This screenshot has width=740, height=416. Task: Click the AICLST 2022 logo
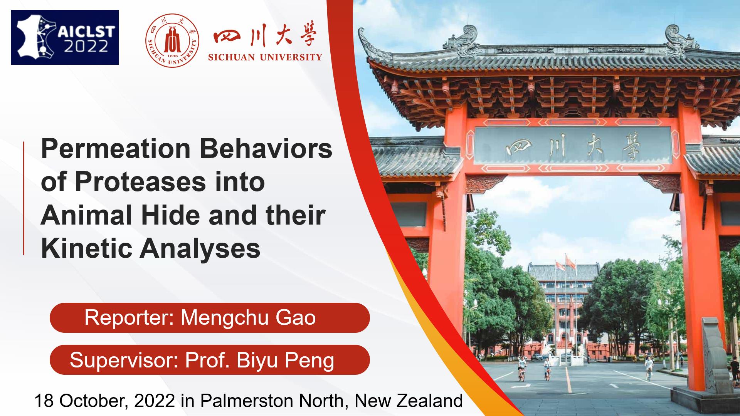click(65, 37)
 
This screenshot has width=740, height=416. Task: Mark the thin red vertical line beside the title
click(24, 198)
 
